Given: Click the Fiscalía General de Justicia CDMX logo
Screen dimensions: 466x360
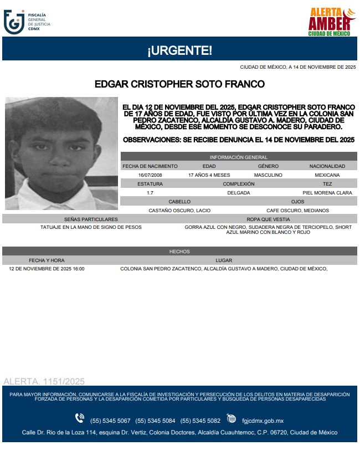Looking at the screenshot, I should click(27, 22).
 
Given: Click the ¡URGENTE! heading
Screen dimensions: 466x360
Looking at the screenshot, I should click(179, 51).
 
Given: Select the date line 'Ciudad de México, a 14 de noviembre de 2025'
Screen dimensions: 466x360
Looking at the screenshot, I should click(297, 67).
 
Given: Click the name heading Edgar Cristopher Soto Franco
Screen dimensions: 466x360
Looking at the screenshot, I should click(179, 84).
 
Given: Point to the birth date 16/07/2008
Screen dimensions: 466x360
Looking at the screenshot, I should click(150, 175).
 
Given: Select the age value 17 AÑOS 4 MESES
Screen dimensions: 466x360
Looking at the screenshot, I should click(209, 175).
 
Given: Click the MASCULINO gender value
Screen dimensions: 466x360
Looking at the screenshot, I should click(268, 175).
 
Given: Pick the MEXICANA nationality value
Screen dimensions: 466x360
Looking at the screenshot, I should click(327, 175).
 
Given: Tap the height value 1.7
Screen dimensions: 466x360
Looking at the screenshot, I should click(150, 193).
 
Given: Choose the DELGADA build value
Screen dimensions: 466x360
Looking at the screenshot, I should click(239, 193).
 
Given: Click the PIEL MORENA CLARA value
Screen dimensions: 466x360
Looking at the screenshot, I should click(327, 193).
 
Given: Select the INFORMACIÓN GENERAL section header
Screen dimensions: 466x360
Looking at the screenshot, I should click(239, 157).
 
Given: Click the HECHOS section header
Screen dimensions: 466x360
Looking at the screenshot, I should click(179, 252).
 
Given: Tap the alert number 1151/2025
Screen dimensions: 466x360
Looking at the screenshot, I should click(44, 381).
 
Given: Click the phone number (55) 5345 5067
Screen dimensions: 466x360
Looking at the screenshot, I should click(110, 419).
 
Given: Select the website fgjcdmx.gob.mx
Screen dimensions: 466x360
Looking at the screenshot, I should click(263, 419).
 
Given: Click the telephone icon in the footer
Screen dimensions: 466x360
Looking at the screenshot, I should click(80, 419).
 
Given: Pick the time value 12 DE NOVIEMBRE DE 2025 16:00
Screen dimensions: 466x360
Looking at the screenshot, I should click(47, 269).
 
